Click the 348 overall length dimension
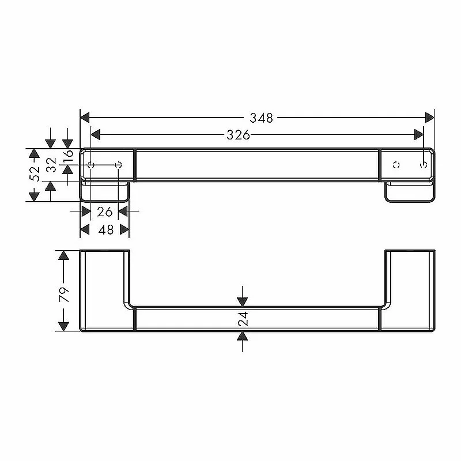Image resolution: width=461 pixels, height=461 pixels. pyautogui.click(x=261, y=118)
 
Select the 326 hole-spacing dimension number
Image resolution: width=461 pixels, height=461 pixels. pyautogui.click(x=238, y=135)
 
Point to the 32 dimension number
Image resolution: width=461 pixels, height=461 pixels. pyautogui.click(x=51, y=165)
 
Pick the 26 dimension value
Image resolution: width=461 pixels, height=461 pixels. pyautogui.click(x=105, y=211)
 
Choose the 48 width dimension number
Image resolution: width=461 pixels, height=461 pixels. pyautogui.click(x=106, y=229)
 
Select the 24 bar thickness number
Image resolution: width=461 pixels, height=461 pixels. pyautogui.click(x=243, y=319)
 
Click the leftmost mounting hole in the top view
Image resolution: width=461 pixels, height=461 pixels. pyautogui.click(x=91, y=165)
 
